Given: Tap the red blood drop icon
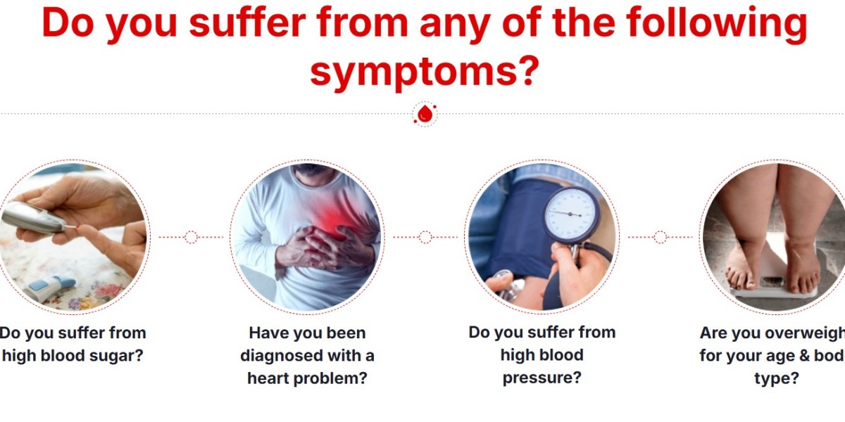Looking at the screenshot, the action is pos(425,114).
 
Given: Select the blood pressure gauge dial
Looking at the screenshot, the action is pos(571,213).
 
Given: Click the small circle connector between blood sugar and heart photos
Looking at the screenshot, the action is pos(191,238).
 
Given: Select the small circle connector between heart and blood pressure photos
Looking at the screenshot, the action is pos(425,238).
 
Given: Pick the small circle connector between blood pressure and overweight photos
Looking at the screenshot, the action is pos(660,238).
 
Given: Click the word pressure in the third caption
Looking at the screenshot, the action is pos(542,378).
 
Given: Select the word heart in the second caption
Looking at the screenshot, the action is pos(268,378).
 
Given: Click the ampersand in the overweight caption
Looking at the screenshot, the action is pos(804,356).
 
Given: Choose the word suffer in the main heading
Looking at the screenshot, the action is pos(247,23).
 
